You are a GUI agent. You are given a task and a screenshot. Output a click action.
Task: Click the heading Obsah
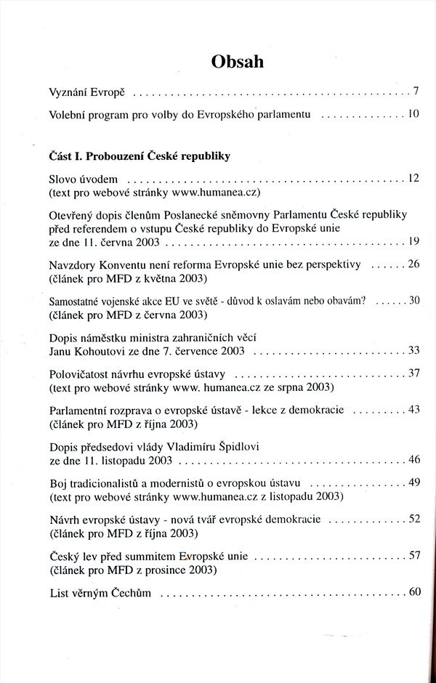237,62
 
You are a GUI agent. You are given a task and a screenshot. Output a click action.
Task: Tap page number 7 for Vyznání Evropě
415,92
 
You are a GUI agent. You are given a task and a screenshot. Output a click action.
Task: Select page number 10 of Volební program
413,114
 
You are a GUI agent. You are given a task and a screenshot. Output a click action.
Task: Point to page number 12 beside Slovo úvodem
413,178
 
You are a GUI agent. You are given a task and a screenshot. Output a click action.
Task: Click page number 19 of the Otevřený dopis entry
413,241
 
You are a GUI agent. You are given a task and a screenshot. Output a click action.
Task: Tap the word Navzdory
73,264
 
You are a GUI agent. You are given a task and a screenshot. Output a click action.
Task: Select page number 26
413,264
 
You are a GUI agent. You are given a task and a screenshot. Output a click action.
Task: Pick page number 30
414,300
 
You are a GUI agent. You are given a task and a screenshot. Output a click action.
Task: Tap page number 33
413,351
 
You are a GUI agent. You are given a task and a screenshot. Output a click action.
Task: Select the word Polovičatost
81,373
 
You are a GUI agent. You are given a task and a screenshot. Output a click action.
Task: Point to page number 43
414,410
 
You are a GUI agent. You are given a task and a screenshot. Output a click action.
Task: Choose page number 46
414,460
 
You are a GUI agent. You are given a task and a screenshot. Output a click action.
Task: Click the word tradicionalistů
113,483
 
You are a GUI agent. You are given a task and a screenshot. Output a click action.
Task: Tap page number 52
414,519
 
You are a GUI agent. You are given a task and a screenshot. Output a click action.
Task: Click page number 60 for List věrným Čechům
414,592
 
